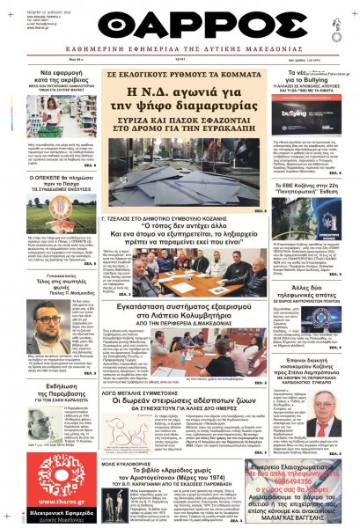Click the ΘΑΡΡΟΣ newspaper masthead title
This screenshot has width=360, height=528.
[x=180, y=24]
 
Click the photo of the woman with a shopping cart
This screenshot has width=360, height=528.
[x=53, y=120]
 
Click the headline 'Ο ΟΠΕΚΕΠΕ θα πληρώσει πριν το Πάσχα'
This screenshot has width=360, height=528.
[x=52, y=179]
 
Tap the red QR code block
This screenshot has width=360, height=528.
[x=54, y=472]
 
